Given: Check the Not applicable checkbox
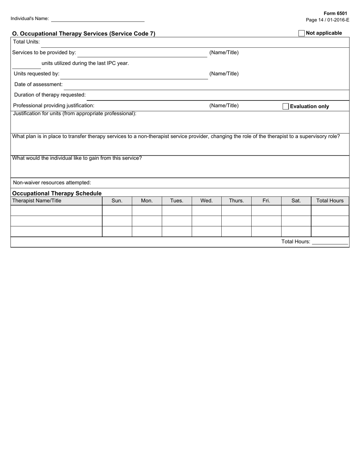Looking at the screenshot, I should coord(301,33).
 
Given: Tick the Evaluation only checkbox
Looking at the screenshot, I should coord(286,106).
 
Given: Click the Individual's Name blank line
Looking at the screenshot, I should coord(98,19).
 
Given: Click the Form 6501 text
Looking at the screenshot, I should coord(335,13).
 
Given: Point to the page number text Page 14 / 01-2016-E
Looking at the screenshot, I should coord(327,20).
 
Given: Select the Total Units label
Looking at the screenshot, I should coord(27,42).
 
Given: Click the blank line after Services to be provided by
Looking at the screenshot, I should coord(142,53).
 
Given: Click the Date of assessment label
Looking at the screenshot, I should coord(38,84).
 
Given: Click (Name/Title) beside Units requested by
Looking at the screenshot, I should coord(224,74).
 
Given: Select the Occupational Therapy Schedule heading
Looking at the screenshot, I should coord(57,193).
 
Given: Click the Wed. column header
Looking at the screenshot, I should coord(207,201).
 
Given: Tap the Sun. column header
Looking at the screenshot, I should coord(117,201).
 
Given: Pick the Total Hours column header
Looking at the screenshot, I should coord(330,201).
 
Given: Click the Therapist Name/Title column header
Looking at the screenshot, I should coord(37,201).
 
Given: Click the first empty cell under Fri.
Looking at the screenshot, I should coord(266,211).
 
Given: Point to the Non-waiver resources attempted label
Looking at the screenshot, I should coord(52,183).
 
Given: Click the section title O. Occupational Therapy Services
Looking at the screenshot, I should coord(84,34).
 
